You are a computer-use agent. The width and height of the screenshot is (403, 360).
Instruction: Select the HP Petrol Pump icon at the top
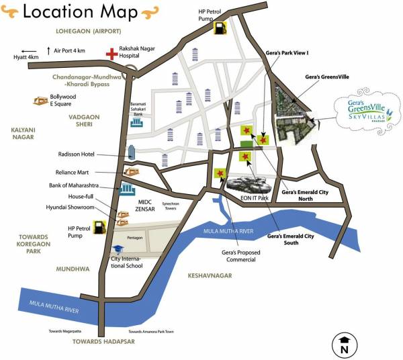click(220, 28)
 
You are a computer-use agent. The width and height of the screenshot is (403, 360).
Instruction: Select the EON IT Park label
click(255, 197)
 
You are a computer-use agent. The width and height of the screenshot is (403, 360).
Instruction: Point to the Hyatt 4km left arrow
click(29, 51)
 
